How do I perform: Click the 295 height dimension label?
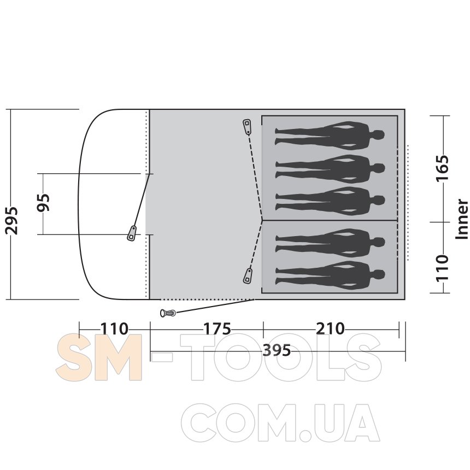point(11,220)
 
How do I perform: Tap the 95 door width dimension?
point(43,203)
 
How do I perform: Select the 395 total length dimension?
point(277,350)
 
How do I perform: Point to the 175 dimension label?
point(217,329)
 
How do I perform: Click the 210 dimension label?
point(330,328)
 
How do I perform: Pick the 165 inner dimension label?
point(443,168)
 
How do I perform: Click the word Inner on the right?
point(462,219)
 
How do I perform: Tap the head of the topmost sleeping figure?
point(379,134)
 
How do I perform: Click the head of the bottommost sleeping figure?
point(379,274)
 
